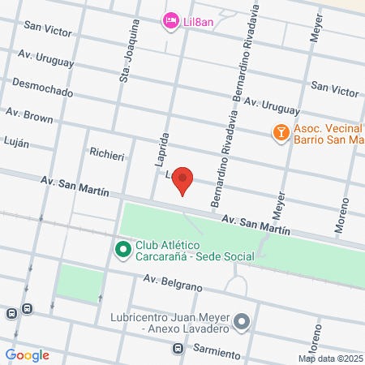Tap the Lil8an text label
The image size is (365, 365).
coord(197,22)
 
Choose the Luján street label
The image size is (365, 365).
coord(15,143)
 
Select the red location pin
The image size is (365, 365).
coord(184,179)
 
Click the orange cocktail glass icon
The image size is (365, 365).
coord(280,131)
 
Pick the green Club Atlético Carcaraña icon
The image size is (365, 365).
coord(122,249)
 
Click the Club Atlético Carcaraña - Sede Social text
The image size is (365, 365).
coord(195,251)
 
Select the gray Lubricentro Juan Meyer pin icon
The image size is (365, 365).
coord(241,324)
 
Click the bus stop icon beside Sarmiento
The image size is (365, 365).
coord(177,349)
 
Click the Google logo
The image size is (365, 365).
coord(28,354)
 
